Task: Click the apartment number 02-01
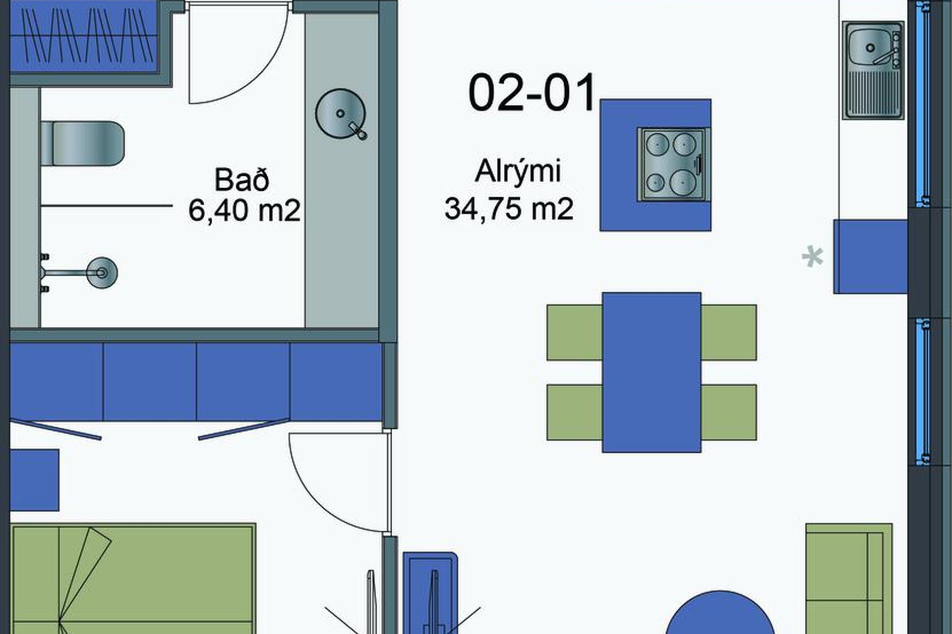point(532,93)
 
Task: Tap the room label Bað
point(242,180)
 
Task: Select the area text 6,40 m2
point(244,211)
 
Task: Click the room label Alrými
point(518,171)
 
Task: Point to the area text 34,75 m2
point(509,209)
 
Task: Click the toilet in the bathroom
point(82,143)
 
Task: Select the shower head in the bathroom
point(102,272)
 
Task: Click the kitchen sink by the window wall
point(873,70)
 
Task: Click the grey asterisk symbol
point(813,257)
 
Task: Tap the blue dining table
point(652,372)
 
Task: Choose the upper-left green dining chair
point(575,332)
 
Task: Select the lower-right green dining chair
point(728,412)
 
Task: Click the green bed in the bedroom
point(133,579)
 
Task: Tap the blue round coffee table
point(720,614)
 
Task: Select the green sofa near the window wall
point(849,579)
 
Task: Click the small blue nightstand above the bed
point(35,480)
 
